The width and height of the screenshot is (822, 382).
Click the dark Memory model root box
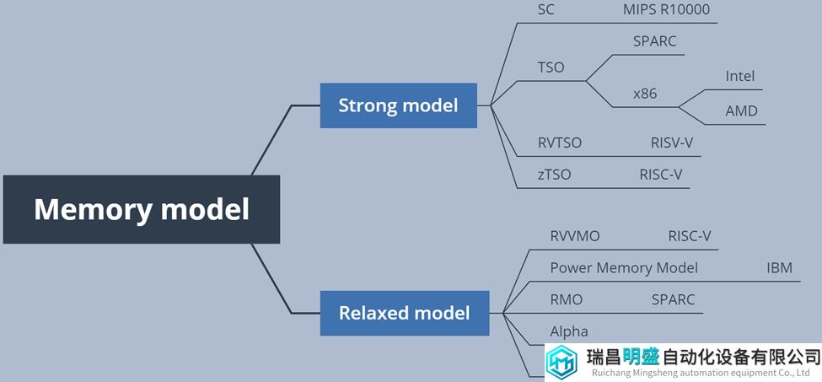click(x=142, y=209)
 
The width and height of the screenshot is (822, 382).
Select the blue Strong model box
click(x=399, y=105)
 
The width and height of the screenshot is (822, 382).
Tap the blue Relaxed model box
click(x=405, y=313)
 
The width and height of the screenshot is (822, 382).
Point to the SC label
click(x=545, y=10)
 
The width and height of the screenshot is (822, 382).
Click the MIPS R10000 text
click(x=667, y=10)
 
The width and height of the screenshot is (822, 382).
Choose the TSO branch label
click(x=551, y=67)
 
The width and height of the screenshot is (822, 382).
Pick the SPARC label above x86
click(x=655, y=41)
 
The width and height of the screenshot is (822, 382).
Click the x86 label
click(x=645, y=94)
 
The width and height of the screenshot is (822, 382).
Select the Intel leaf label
click(x=740, y=77)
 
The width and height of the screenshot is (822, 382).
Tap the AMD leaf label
click(x=741, y=111)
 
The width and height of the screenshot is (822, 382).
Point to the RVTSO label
click(x=559, y=143)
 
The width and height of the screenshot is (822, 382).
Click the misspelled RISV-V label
click(x=672, y=143)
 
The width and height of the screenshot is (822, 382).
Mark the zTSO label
click(x=554, y=175)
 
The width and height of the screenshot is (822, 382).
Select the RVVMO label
click(x=575, y=236)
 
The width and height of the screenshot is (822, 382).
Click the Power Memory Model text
click(x=624, y=268)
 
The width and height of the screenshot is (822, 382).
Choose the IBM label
click(x=779, y=268)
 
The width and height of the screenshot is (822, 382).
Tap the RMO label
click(x=567, y=299)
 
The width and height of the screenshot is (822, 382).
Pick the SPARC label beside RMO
click(x=673, y=299)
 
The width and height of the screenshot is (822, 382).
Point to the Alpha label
click(x=569, y=331)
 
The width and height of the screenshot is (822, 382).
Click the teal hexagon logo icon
click(x=562, y=362)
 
